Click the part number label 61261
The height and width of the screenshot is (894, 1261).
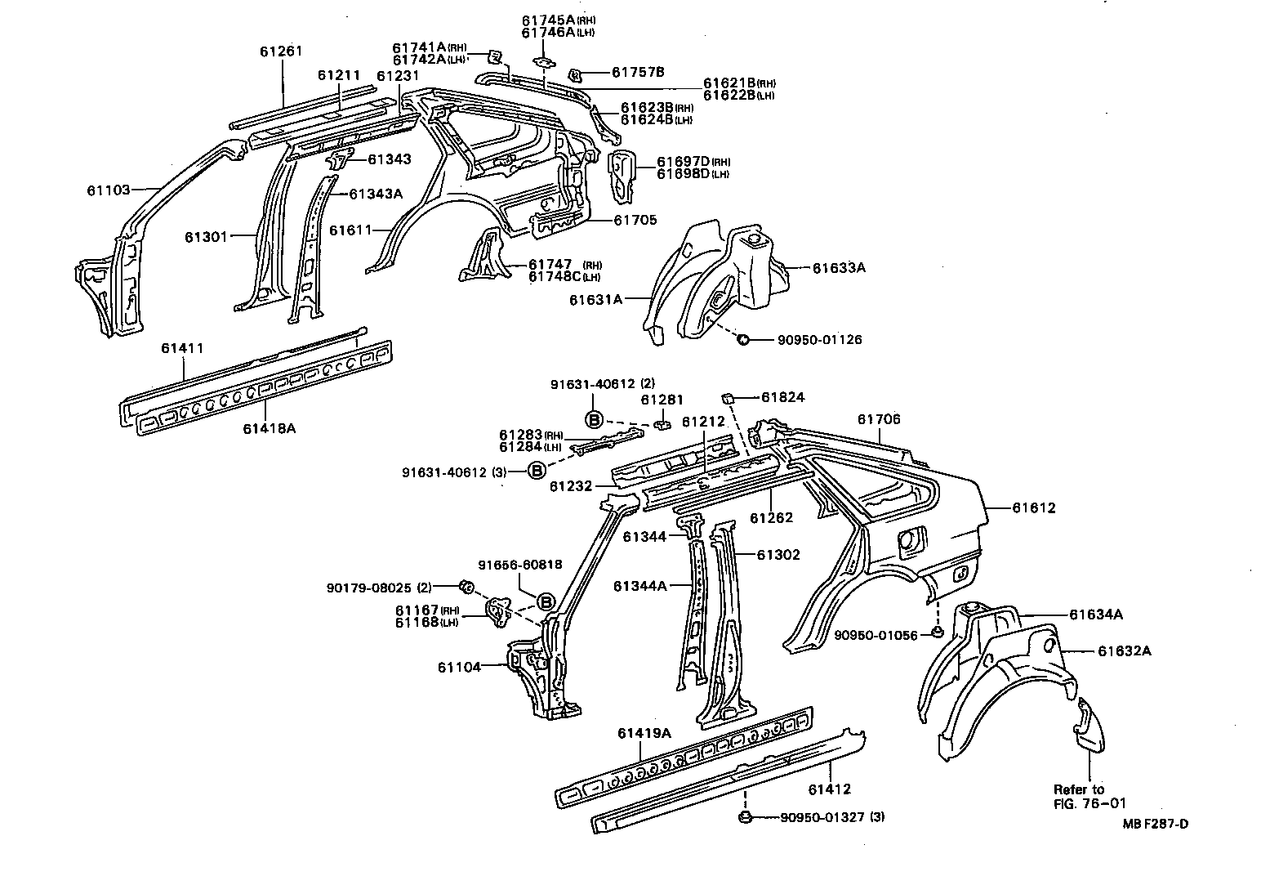281,51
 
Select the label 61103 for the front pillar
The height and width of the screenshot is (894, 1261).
108,190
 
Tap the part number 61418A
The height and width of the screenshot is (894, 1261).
269,427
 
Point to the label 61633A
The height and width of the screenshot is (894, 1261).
838,266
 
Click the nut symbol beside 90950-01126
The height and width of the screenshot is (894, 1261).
744,339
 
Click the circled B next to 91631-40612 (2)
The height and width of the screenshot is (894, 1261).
594,419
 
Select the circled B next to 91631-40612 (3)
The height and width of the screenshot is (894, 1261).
537,471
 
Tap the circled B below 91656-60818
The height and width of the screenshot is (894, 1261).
546,602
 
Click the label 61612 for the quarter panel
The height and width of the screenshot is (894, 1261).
1034,507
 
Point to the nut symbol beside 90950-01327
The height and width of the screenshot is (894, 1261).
744,816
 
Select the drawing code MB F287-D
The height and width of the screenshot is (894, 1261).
1155,823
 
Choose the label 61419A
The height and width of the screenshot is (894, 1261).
644,733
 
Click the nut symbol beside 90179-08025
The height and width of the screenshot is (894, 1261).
467,586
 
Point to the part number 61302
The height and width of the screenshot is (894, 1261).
778,555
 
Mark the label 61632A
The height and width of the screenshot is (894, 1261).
1125,650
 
